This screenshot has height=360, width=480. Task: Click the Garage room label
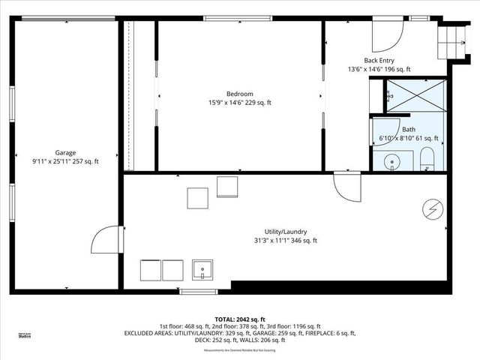point(65,153)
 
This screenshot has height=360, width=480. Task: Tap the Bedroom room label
point(239,94)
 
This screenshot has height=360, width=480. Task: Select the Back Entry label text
point(379,61)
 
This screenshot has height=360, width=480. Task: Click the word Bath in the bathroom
point(408,130)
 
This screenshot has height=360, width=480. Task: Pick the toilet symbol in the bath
point(426,158)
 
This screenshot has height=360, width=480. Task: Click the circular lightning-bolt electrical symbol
point(433,208)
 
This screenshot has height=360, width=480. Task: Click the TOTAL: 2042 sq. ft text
point(239,319)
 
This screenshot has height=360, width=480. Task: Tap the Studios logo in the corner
point(24,336)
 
